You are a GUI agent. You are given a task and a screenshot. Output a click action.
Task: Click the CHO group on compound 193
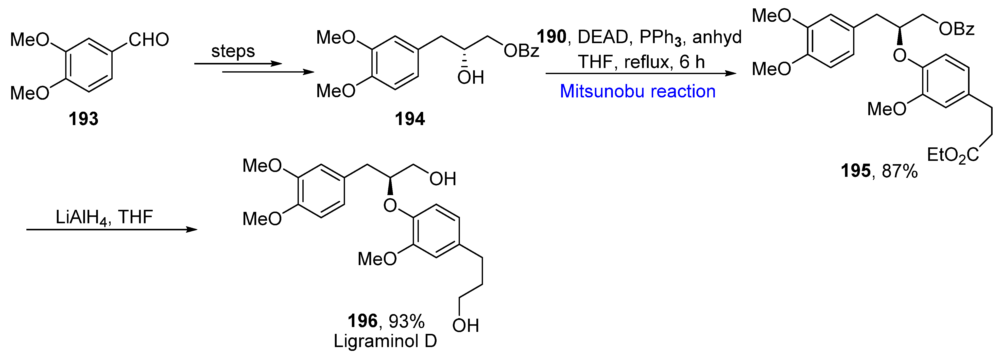click(149, 40)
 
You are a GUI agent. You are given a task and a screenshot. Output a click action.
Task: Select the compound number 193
click(83, 118)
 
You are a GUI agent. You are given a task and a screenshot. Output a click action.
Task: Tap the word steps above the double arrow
click(233, 51)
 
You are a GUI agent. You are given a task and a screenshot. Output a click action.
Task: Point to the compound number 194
click(410, 118)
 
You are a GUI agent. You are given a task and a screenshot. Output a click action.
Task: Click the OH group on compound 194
click(470, 78)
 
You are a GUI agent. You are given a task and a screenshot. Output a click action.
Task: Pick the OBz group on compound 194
click(521, 51)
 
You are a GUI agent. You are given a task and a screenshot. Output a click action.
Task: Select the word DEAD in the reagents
click(603, 37)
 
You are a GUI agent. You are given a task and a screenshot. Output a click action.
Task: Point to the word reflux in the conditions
click(648, 62)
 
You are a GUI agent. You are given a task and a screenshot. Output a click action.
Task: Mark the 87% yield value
click(900, 171)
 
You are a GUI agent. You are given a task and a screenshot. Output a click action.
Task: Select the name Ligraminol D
click(385, 341)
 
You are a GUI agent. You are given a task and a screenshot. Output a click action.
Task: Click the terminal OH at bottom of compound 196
click(465, 326)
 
